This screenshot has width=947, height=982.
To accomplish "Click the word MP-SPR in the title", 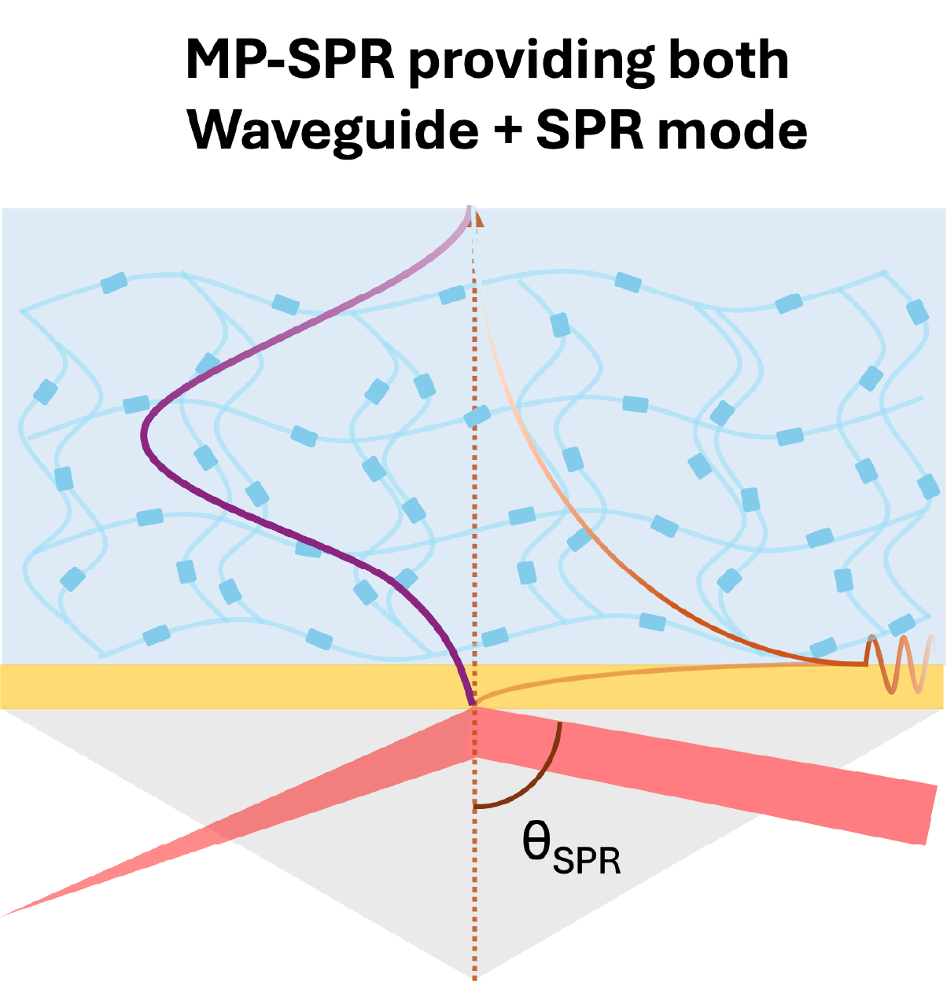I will click(x=289, y=61).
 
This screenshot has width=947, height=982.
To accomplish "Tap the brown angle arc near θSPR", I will click(x=543, y=778).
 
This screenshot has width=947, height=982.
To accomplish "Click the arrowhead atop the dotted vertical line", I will click(x=477, y=218).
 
